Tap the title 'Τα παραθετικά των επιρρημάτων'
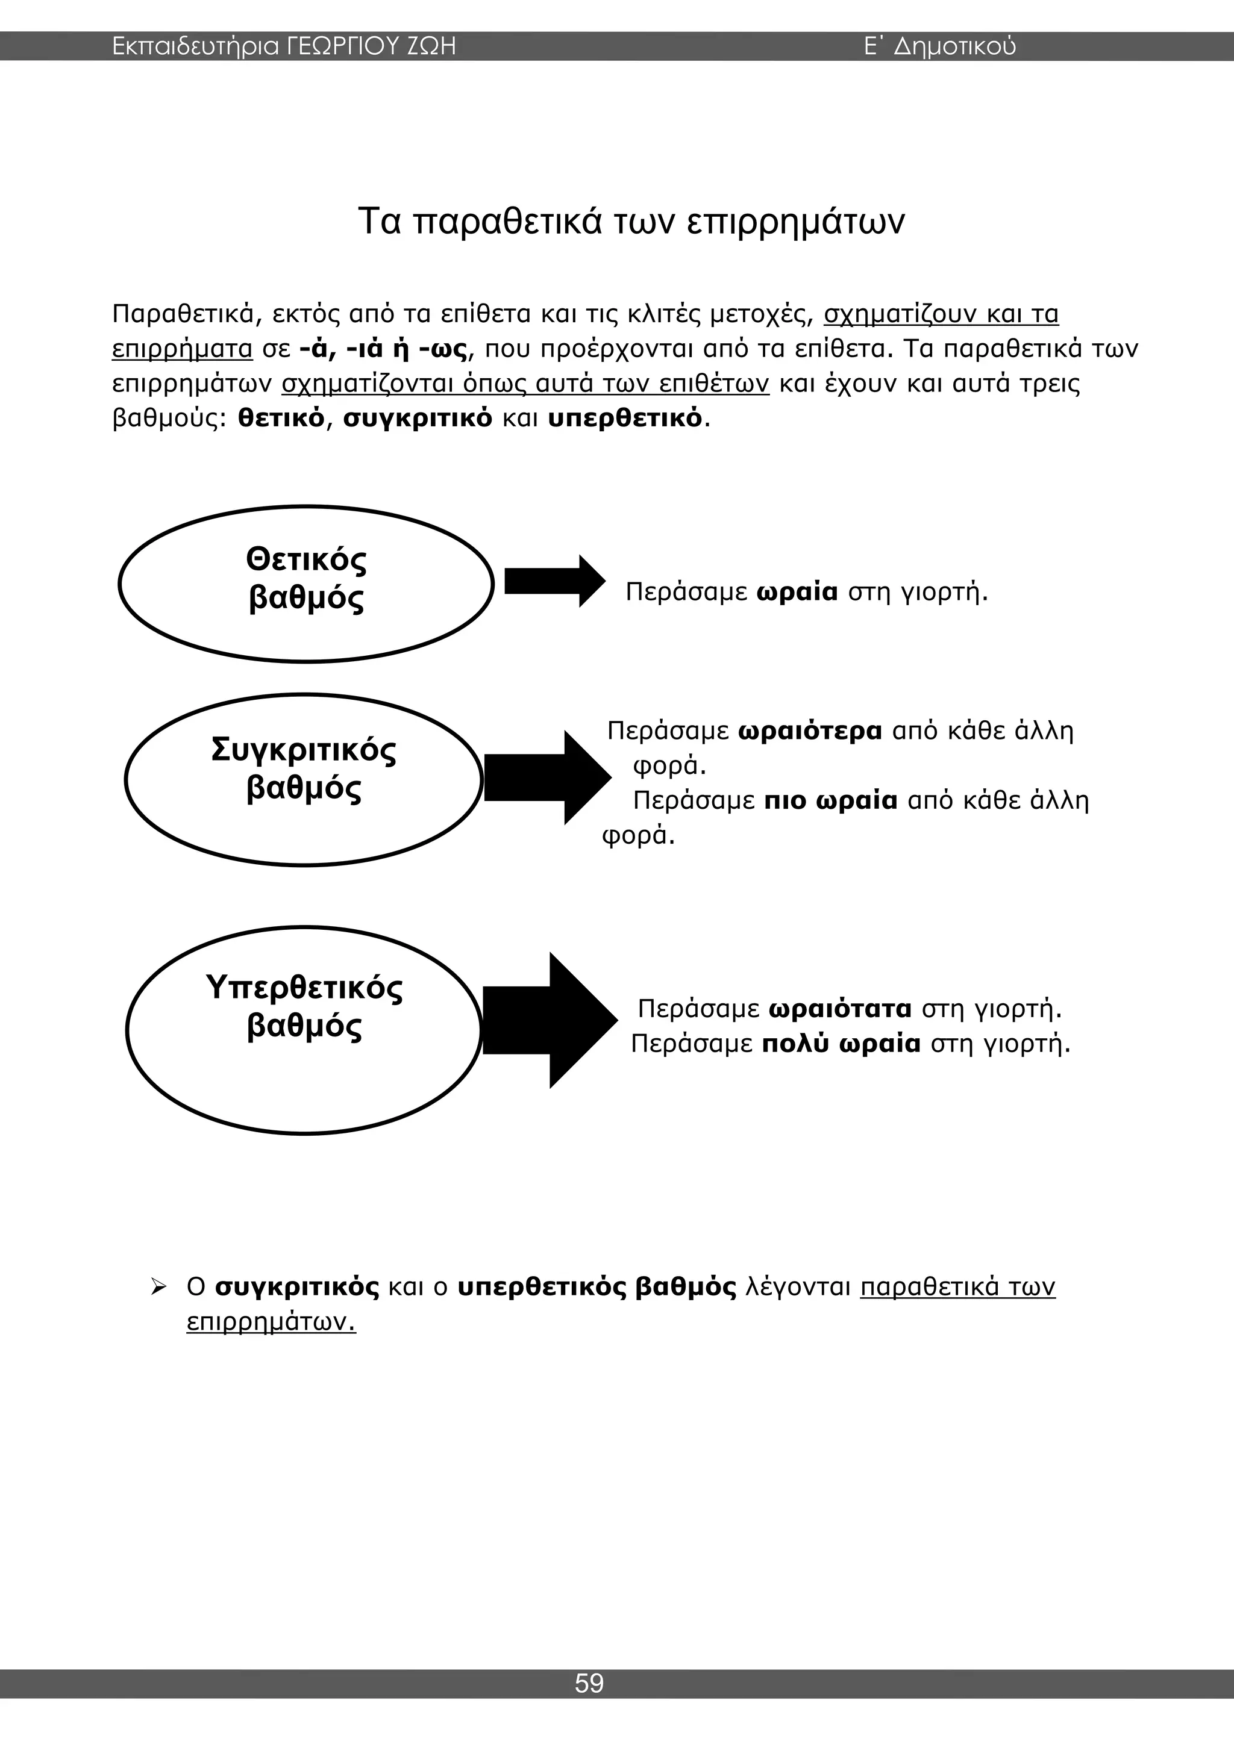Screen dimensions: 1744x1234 coord(631,222)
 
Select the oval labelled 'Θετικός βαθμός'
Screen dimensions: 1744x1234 coord(306,584)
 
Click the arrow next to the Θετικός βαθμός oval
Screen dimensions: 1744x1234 coord(554,581)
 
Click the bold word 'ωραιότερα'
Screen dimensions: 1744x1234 coord(810,730)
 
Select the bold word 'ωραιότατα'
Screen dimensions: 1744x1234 coord(841,1009)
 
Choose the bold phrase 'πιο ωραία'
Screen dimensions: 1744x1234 coord(830,800)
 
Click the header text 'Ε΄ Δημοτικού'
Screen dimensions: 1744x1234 coord(940,47)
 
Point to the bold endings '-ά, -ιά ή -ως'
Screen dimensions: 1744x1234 coord(384,349)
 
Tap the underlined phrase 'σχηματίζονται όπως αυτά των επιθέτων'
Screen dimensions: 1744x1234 coord(525,384)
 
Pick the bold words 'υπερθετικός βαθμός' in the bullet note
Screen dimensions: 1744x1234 coord(597,1288)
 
